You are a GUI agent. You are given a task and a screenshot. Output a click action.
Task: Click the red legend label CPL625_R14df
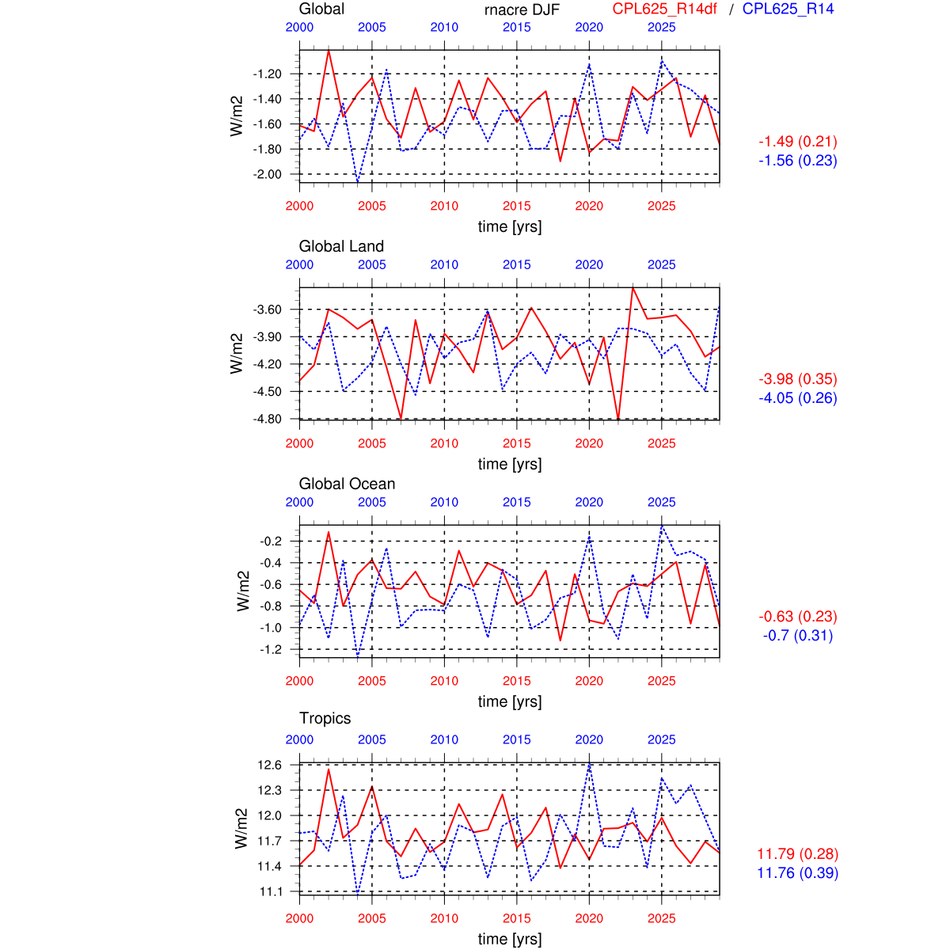(x=665, y=9)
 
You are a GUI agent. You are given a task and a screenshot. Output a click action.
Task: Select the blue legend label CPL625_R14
(x=788, y=9)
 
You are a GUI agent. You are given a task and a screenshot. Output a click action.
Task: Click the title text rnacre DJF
(x=522, y=9)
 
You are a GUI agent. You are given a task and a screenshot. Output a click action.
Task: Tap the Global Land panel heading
(x=341, y=246)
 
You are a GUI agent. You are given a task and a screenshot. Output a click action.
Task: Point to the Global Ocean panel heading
(x=347, y=484)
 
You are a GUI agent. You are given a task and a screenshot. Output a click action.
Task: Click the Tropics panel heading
(x=325, y=718)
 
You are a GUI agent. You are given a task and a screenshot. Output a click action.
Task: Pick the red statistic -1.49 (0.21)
(x=798, y=142)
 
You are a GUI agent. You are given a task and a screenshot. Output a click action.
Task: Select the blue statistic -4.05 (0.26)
(x=798, y=398)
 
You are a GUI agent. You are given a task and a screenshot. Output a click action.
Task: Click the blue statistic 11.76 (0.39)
(x=798, y=873)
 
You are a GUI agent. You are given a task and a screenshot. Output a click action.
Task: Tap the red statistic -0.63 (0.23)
(x=798, y=617)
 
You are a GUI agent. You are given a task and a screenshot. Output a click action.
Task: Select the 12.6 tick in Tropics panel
(x=269, y=765)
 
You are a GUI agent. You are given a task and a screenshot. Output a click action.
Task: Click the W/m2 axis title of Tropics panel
(x=242, y=829)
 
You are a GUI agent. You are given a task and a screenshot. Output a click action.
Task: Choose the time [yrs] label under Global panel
(x=510, y=226)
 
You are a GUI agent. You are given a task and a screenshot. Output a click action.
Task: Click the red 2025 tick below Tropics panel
(x=662, y=918)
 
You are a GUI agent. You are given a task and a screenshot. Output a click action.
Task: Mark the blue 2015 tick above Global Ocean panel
(x=517, y=502)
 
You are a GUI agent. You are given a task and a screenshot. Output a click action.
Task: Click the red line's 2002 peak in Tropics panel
(x=329, y=769)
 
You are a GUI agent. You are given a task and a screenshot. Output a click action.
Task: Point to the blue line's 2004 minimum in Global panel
(x=358, y=182)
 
